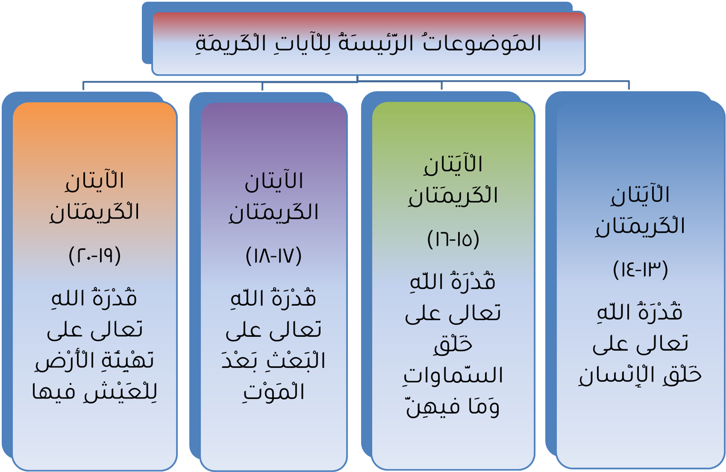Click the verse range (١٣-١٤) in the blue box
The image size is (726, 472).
[640, 270]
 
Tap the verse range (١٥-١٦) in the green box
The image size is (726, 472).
[453, 240]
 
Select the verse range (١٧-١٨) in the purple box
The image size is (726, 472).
[274, 256]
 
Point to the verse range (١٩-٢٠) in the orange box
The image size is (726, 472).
[95, 255]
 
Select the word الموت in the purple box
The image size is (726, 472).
[274, 391]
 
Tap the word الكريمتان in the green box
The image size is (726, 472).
[453, 195]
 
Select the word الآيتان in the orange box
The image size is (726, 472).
[95, 180]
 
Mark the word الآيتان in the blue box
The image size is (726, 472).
[640, 194]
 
